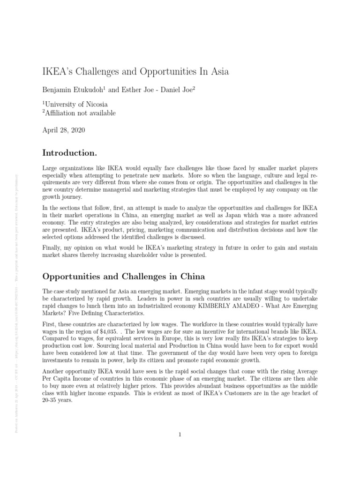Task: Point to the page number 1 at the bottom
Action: click(x=180, y=435)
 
